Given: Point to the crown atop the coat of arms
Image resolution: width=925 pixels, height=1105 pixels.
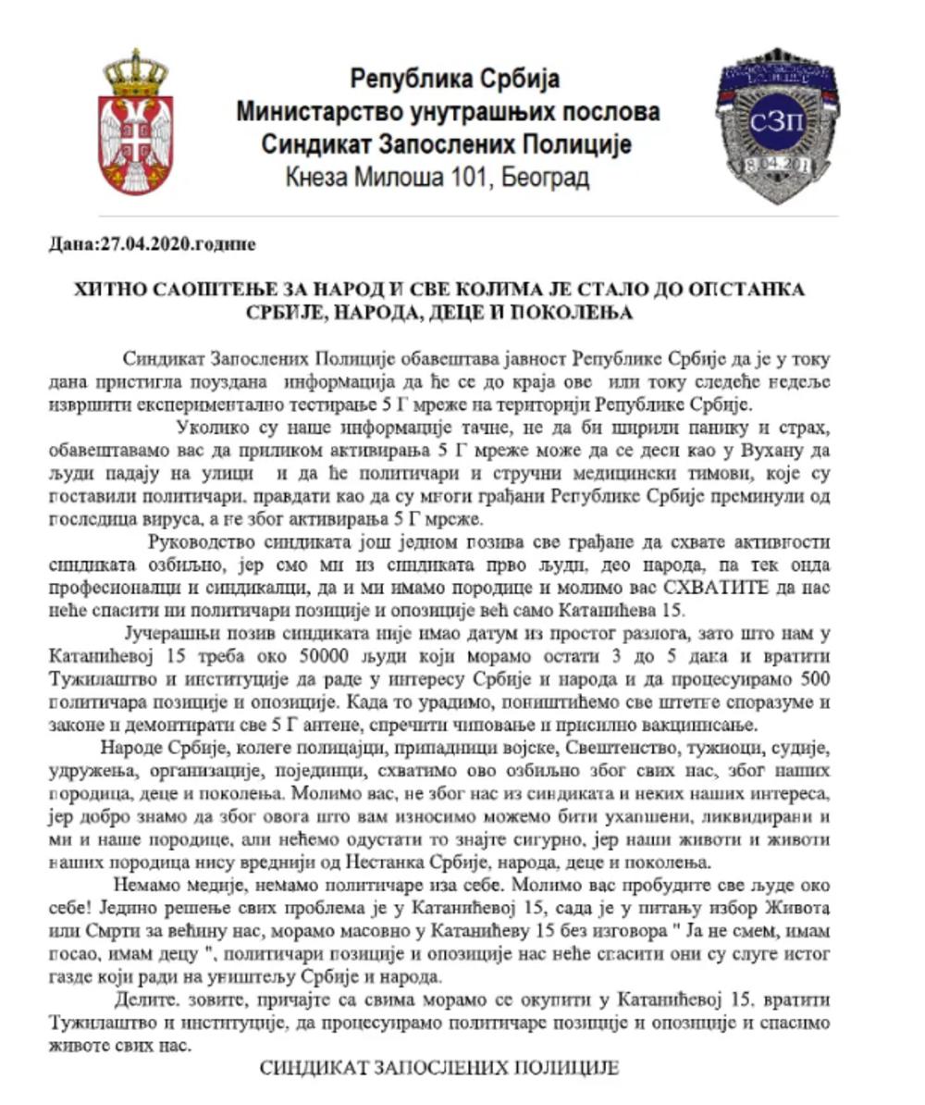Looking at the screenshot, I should tap(136, 72).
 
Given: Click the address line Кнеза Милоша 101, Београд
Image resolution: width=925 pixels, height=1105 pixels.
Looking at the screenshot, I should tap(438, 177).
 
